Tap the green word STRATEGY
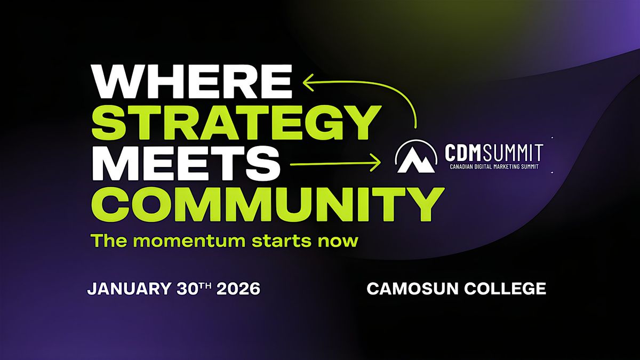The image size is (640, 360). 236,122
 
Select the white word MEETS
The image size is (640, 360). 186,163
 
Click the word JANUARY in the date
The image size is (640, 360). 129,289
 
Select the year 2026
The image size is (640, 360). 238,289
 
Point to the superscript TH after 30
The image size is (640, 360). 205,285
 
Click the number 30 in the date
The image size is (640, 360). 187,289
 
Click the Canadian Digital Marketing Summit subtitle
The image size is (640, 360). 494,166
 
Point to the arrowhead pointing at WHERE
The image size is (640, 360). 309,83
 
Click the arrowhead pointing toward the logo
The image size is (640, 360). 375,163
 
